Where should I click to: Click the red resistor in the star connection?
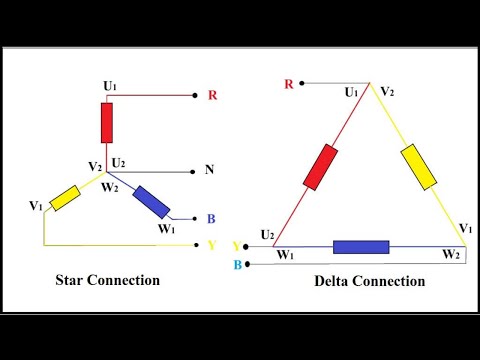pos(107,123)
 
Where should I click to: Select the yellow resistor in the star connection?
pos(67,197)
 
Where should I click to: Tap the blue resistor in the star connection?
pos(150,201)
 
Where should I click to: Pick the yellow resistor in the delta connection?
pos(418,166)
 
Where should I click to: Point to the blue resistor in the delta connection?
pos(361,247)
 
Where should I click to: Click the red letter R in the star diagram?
pos(212,96)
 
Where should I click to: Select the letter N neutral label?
pos(209,170)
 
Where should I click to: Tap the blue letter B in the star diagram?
pos(210,219)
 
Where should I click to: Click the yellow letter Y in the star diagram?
pos(210,243)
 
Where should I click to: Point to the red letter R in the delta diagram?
pos(289,84)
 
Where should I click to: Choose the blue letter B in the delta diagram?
pos(236,265)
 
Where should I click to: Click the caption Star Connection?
pos(107,280)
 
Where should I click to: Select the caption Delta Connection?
pos(369,281)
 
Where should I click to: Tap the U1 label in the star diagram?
pos(109,86)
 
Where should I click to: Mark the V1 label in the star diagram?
pos(36,206)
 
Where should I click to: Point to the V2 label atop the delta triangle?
pos(387,92)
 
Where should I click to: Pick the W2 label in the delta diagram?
pos(452,255)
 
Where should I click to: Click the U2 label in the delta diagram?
pos(267,235)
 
